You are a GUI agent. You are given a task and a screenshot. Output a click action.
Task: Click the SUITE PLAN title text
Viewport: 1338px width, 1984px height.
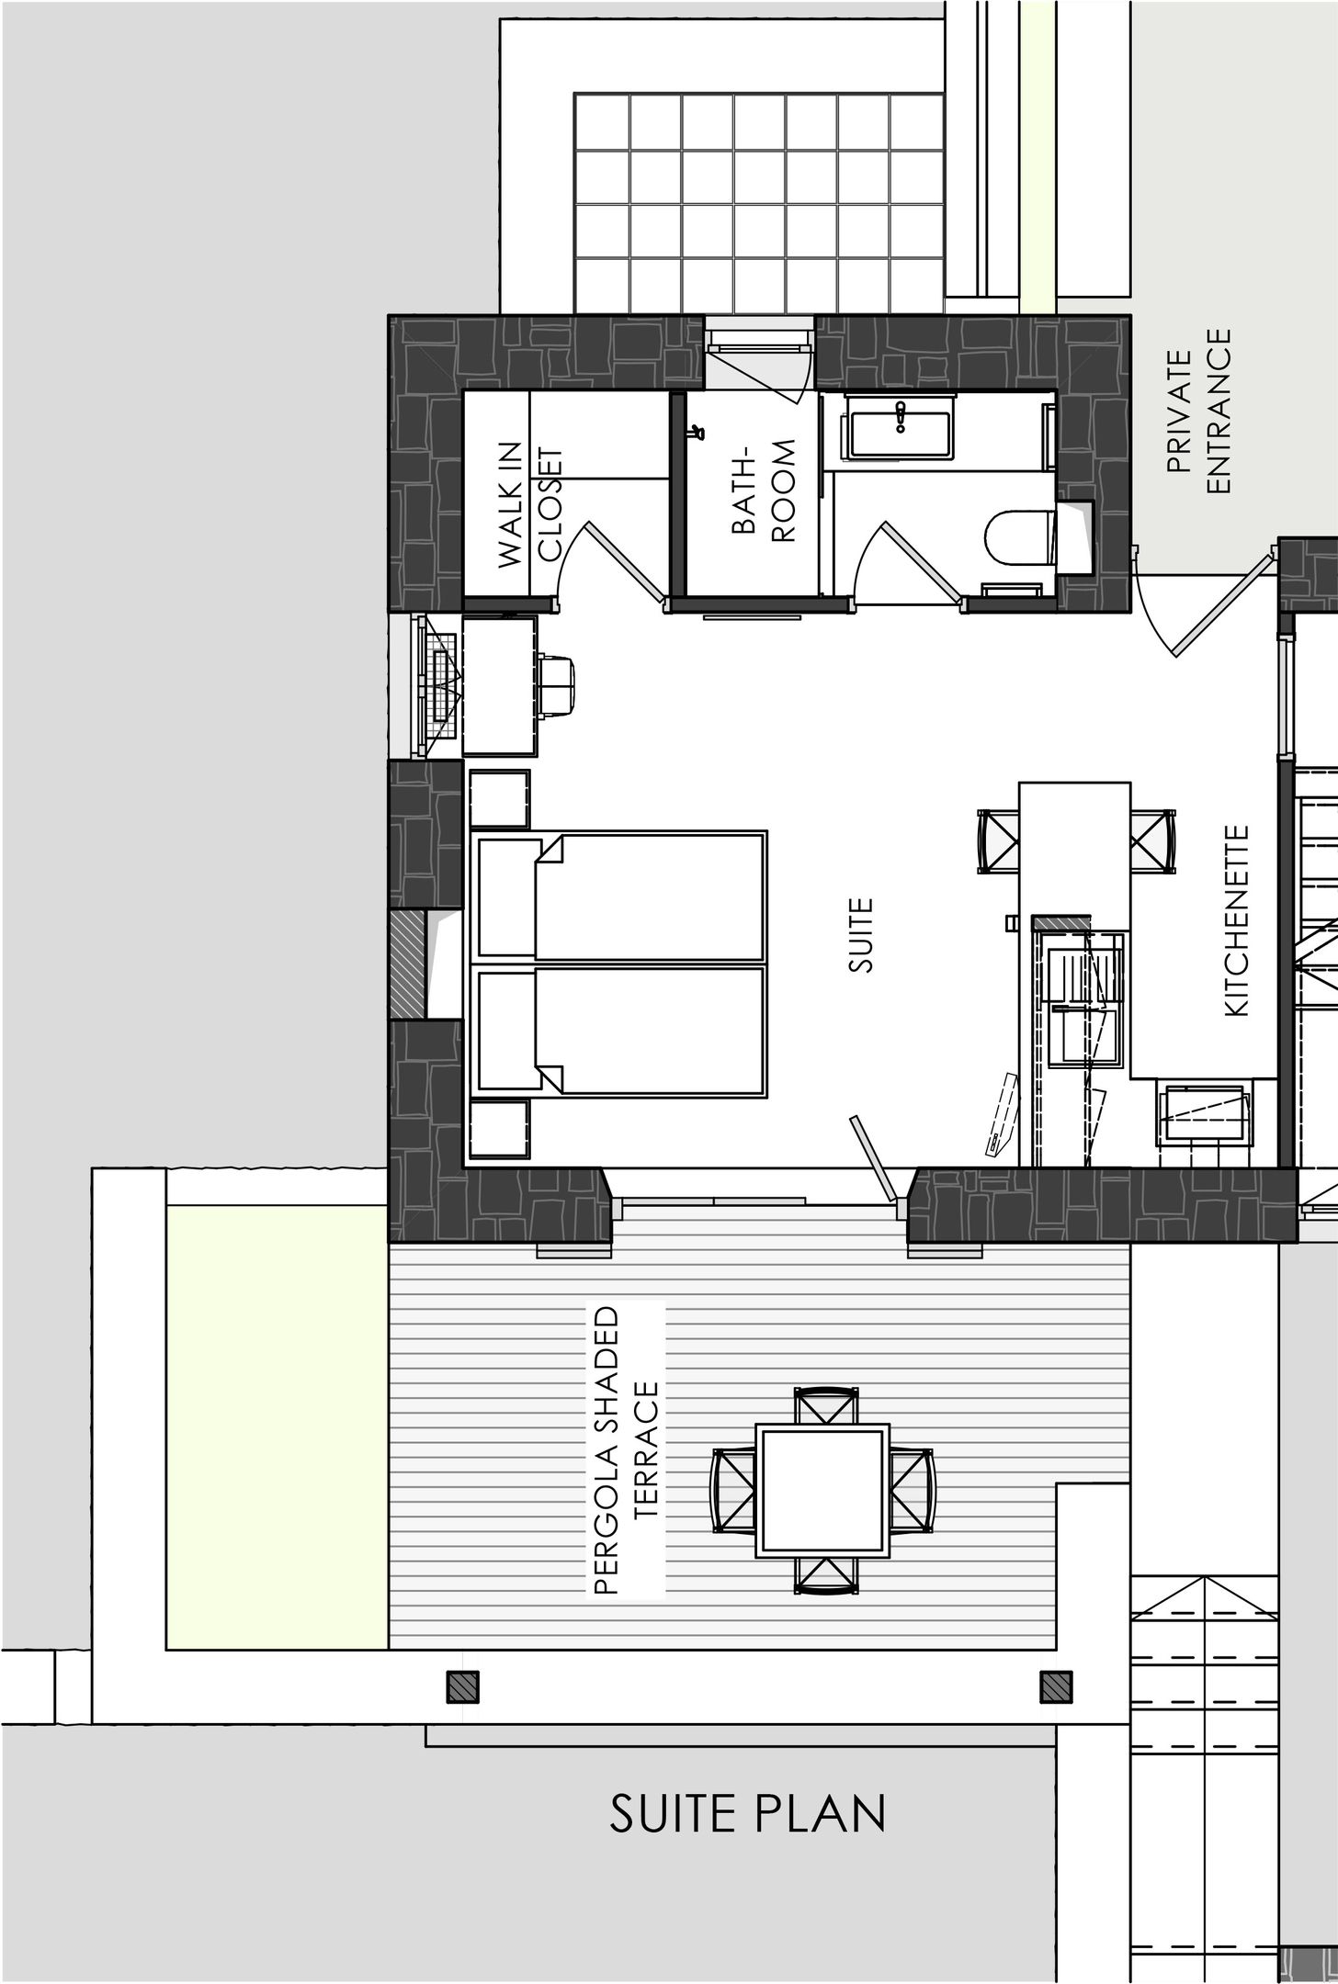tap(748, 1812)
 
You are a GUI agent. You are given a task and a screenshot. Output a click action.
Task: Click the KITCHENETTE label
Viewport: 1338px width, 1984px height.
tap(1236, 919)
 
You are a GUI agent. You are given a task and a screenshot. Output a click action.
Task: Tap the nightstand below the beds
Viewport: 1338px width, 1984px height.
tap(500, 1129)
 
